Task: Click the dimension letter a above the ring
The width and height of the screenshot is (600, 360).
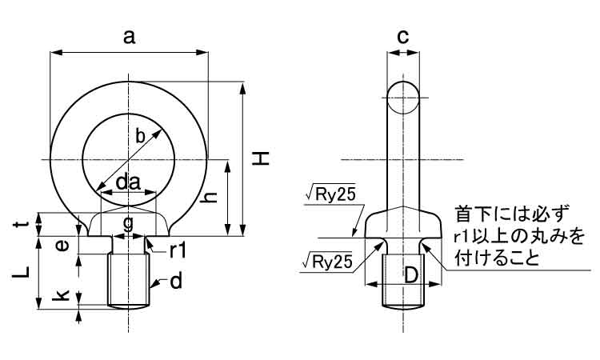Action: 129,35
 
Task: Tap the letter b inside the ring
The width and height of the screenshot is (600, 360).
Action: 141,136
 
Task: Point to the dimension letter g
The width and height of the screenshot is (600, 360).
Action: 128,221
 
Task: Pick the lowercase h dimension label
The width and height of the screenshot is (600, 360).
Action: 212,197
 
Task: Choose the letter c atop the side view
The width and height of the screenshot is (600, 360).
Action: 403,36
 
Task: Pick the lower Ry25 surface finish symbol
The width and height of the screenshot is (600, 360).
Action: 330,261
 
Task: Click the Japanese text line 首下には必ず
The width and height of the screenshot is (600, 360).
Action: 512,214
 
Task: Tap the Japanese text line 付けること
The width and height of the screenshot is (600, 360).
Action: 496,259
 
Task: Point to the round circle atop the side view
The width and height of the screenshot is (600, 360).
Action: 403,98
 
